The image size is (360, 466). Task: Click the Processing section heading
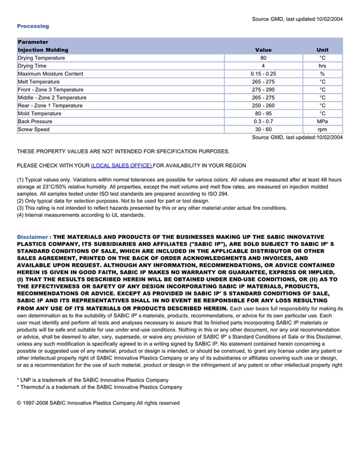pos(33,26)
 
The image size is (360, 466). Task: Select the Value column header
pos(263,50)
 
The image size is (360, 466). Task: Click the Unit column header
pos(322,50)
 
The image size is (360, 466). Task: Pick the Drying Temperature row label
pos(41,58)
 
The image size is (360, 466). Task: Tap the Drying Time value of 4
pos(263,66)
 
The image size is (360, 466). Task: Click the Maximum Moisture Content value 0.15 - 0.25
pos(263,74)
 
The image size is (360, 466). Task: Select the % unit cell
pos(322,74)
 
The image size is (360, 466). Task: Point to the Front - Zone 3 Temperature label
pos(50,90)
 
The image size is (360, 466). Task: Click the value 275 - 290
pos(263,90)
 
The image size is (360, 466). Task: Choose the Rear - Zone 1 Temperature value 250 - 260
pos(263,106)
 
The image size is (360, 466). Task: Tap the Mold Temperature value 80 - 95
pos(263,114)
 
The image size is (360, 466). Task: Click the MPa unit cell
pos(322,121)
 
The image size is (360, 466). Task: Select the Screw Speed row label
pos(34,130)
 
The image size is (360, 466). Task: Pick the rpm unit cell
pos(322,130)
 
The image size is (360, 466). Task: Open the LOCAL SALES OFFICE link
pos(121,166)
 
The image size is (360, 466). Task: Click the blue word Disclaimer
pos(32,237)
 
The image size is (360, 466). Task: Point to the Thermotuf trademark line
pos(99,387)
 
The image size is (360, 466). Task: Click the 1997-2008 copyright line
pos(98,403)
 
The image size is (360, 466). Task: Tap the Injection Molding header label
pos(43,50)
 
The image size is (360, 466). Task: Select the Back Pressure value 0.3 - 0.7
pos(263,121)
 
